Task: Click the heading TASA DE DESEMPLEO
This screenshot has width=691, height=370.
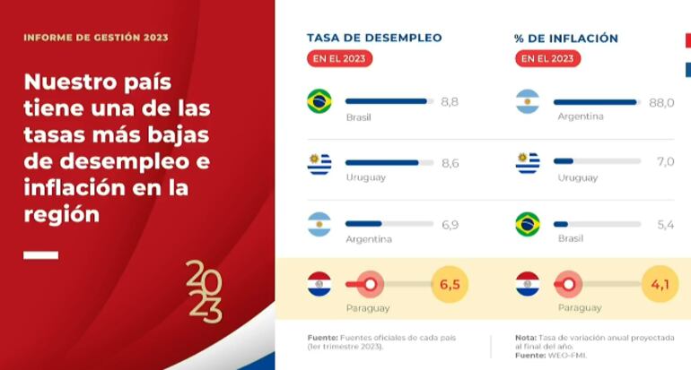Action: point(373,38)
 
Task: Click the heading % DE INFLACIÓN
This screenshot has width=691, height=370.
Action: point(566,38)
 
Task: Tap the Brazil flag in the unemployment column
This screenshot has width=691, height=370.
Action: point(319,101)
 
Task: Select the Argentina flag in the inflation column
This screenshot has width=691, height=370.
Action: point(528,101)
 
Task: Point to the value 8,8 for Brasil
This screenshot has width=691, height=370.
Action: point(450,102)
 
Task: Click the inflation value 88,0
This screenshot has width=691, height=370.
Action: point(661,102)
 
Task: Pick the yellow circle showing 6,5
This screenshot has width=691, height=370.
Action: point(450,285)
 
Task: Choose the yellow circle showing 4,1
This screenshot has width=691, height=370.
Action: point(660,285)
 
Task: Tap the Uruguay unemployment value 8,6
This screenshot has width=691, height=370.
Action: point(450,163)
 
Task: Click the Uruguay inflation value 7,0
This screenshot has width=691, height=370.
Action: point(665,162)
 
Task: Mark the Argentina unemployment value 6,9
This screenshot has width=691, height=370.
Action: point(450,224)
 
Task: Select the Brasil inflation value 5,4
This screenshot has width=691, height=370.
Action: point(665,224)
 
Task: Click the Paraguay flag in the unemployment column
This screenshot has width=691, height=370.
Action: point(319,284)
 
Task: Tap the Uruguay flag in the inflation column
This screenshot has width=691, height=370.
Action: point(528,162)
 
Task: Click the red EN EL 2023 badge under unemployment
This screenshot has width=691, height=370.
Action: point(339,59)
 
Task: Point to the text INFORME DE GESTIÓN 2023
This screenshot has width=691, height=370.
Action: point(96,38)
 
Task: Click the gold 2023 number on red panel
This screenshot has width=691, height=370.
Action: point(204,291)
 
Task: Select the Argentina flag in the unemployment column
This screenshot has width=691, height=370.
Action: point(319,224)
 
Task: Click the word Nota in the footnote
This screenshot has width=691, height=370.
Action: point(525,338)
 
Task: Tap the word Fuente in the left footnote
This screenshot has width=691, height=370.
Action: point(323,338)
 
